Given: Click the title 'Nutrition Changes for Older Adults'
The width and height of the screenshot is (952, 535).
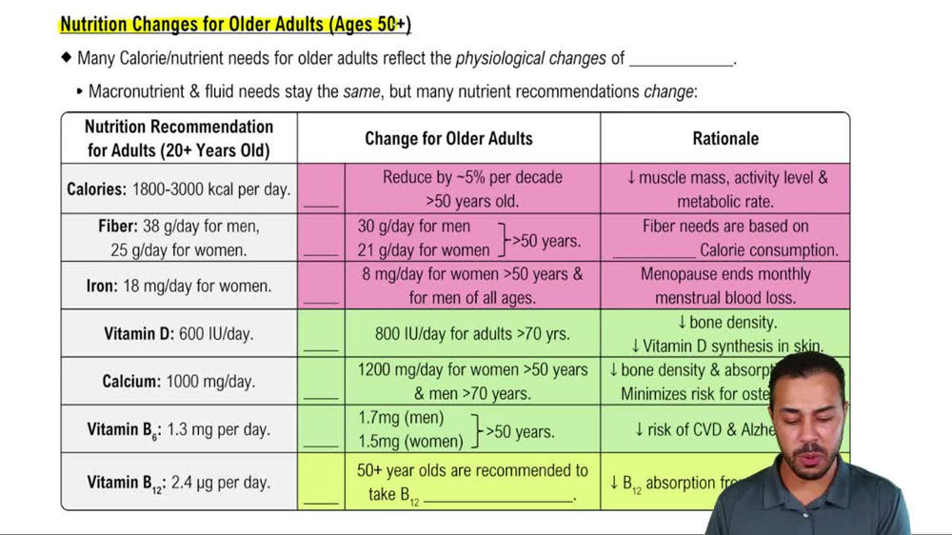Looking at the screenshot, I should click(235, 25).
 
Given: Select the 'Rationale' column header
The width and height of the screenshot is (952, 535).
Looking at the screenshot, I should click(724, 139).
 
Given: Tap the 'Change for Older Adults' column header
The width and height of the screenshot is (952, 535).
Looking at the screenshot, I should click(448, 139).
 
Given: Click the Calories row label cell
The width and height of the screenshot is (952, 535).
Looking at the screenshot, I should click(179, 189).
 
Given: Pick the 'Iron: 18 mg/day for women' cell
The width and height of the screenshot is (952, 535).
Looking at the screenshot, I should click(179, 286).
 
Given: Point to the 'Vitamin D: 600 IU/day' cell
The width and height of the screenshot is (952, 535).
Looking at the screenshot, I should click(179, 334).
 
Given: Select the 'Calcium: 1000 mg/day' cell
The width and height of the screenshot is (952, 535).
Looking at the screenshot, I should click(179, 382).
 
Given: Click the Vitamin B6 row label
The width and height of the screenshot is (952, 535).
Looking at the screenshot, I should click(179, 429).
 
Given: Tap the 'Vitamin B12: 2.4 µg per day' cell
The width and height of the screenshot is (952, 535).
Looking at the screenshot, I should click(179, 483).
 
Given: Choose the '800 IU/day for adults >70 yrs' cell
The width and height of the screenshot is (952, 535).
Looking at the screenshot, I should click(472, 334).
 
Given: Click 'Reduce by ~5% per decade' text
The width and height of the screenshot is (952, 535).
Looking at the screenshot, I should click(472, 177).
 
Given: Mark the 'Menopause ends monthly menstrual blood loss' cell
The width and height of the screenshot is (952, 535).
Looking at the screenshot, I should click(724, 286).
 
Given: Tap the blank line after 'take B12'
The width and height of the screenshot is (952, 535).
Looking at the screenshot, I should click(499, 499).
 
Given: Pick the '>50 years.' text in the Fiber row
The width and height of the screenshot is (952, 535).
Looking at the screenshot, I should click(545, 240).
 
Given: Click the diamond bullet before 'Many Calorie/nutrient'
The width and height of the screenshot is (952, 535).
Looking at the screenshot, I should click(66, 58).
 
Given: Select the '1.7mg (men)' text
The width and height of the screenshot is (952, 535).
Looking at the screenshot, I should click(401, 418).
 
